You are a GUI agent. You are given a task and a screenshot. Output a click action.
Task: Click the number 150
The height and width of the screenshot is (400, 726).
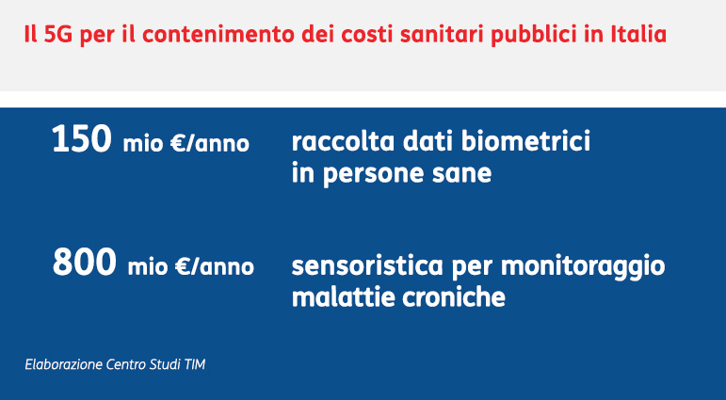point(82,139)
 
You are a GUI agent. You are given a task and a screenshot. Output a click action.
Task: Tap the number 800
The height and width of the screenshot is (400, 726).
point(84,262)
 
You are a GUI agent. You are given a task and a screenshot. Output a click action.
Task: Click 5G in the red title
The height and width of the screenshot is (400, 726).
point(58,35)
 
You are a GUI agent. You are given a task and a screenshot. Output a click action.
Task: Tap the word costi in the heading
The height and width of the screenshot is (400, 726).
point(365,35)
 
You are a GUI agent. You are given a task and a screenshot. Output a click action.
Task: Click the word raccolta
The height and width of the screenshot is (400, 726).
point(343,141)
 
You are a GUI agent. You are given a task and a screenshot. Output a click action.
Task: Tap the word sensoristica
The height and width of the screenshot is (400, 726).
point(367,265)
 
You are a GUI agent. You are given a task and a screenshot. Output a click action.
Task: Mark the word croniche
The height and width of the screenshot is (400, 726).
point(453,297)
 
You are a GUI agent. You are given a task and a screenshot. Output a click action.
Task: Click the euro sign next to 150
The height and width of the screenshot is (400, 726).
point(178,143)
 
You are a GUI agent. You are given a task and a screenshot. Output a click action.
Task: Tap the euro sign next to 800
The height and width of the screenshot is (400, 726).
point(184,266)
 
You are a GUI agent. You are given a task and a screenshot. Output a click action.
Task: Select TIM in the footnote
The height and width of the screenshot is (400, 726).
point(195,364)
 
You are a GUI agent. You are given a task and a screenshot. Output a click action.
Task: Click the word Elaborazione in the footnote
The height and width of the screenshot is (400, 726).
point(63,364)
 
